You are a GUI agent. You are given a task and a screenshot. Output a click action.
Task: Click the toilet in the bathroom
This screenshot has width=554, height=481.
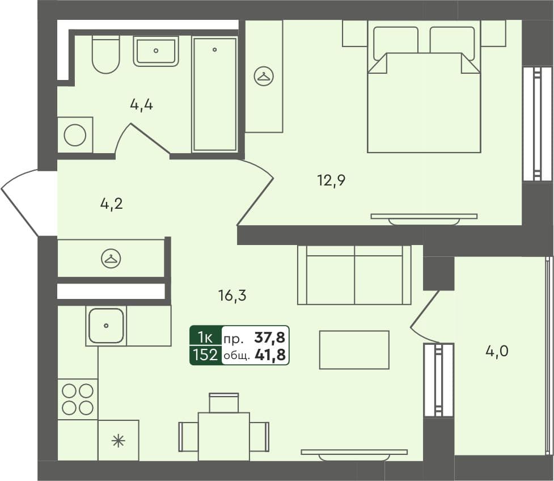[x=106, y=55]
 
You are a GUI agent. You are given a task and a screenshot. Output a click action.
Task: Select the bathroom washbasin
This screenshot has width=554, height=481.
[x=156, y=51]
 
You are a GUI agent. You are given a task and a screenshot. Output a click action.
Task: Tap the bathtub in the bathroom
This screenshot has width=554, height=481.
[x=215, y=94]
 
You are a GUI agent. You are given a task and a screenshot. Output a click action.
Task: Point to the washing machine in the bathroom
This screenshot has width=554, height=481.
[x=75, y=135]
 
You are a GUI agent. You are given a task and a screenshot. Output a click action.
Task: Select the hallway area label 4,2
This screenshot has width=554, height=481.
[x=111, y=204]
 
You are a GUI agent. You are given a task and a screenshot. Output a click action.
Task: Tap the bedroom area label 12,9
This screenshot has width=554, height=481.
[x=331, y=181]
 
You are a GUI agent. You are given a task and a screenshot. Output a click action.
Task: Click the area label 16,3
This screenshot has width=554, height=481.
[x=232, y=295]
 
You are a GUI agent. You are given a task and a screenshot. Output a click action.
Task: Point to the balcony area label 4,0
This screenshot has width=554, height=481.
[x=497, y=352]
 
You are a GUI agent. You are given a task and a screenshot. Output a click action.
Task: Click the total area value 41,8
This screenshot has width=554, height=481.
[x=270, y=356]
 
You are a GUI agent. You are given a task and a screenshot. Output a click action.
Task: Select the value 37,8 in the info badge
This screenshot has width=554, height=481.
[x=270, y=339]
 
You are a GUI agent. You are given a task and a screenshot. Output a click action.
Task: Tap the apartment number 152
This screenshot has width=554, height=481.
[x=205, y=356]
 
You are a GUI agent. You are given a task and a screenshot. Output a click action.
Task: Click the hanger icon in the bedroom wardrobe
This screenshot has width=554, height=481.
[x=264, y=76]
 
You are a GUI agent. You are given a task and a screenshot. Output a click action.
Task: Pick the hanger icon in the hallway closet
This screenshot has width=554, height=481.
[x=111, y=259]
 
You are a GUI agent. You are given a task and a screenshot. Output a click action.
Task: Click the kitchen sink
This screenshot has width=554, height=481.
[x=106, y=326]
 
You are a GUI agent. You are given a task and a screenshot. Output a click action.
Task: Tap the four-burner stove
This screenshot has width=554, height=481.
[x=78, y=399]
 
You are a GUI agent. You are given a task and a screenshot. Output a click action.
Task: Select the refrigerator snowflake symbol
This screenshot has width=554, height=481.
[x=118, y=441]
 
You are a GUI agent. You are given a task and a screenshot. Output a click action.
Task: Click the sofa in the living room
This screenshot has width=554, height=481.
[x=354, y=275]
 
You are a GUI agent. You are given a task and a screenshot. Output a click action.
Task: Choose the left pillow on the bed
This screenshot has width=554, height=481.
[x=395, y=42]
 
